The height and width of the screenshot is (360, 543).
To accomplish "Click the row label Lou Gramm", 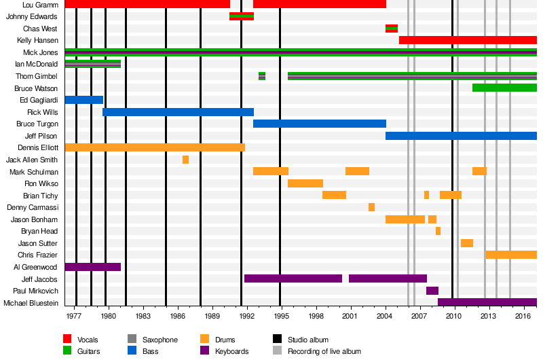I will pos(40,5).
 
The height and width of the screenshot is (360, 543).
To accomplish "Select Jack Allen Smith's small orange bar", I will pos(185,160).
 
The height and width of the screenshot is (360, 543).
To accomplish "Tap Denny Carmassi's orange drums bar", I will pos(371,207).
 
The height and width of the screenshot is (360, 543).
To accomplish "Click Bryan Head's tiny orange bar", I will pos(438,231).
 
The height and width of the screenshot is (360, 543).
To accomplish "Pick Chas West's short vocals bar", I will pos(391,29).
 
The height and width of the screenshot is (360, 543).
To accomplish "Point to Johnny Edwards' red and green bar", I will pos(242,16).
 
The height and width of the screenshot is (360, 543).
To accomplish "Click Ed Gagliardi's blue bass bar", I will pos(83,100).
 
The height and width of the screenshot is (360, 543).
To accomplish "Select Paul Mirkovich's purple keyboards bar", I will pos(432,291).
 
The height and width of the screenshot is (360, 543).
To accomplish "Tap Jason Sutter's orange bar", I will pos(466,243).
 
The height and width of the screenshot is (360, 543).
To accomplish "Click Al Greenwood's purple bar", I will pos(92,267).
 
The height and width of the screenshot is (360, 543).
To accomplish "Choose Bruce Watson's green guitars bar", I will pos(504,88).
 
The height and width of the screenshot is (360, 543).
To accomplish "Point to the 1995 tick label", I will pos(281,316).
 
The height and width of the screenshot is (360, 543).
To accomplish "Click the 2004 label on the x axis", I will pos(385,316).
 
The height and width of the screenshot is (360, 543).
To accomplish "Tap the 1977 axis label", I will pos(73,316).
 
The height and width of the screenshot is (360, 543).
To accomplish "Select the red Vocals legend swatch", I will pos(67,339).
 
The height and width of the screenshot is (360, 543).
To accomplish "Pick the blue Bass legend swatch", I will pos(132,351).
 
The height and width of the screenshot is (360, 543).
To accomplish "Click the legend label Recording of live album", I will pos(324,352).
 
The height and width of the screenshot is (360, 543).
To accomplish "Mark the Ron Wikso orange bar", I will pos(305,183).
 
